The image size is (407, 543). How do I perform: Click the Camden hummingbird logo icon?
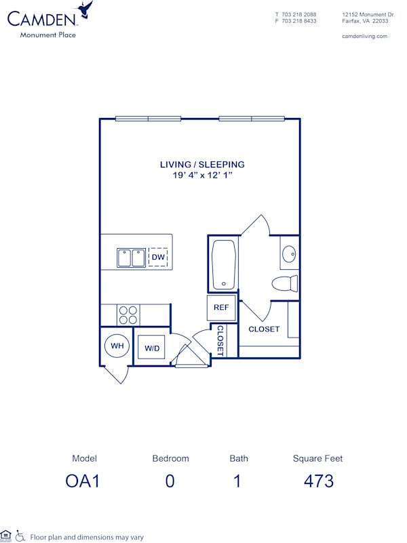pyautogui.click(x=85, y=9)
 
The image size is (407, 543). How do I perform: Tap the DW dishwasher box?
pyautogui.click(x=157, y=258)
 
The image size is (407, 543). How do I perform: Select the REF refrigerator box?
pyautogui.click(x=221, y=308)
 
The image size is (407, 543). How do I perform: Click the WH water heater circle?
pyautogui.click(x=117, y=346)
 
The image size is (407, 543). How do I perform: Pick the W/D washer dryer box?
pyautogui.click(x=152, y=348)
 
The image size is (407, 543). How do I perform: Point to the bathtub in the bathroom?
pyautogui.click(x=223, y=264)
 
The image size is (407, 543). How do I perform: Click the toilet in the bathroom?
pyautogui.click(x=285, y=283)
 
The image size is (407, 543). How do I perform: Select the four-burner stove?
pyautogui.click(x=128, y=315)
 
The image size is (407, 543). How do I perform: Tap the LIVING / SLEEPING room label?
pyautogui.click(x=202, y=165)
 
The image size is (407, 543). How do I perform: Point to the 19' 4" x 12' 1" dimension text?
pyautogui.click(x=202, y=176)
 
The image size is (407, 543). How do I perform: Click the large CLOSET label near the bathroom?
pyautogui.click(x=264, y=329)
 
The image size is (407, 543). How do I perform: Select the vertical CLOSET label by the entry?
pyautogui.click(x=220, y=340)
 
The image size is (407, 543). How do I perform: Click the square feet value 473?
pyautogui.click(x=318, y=481)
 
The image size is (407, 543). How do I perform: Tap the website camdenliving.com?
pyautogui.click(x=365, y=37)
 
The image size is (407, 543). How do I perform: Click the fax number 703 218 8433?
pyautogui.click(x=300, y=21)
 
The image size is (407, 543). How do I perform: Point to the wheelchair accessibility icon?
pyautogui.click(x=20, y=536)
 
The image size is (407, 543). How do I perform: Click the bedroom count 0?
pyautogui.click(x=170, y=481)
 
